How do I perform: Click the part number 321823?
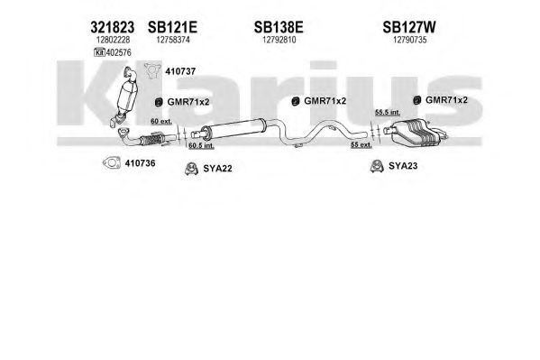pos(113,27)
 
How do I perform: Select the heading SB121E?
pos(172,27)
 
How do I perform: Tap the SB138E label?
pos(279,27)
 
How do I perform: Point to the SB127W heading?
pos(409,27)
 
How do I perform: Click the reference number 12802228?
pos(113,40)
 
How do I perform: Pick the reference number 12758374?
pos(173,40)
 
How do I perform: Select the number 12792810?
pos(279,40)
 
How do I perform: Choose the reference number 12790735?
pos(410,40)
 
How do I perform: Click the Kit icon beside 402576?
pos(99,52)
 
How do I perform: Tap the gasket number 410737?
pos(180,71)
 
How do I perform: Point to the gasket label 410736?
pos(140,163)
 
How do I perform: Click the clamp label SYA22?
pos(217,169)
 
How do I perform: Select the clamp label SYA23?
pos(403,166)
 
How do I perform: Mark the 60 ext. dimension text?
pos(161,122)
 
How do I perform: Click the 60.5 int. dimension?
pos(201,145)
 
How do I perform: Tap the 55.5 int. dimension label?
pos(388,112)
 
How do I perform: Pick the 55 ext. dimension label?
pos(362,145)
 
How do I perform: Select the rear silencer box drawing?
pos(416,132)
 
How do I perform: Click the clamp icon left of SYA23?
pos(377,166)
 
